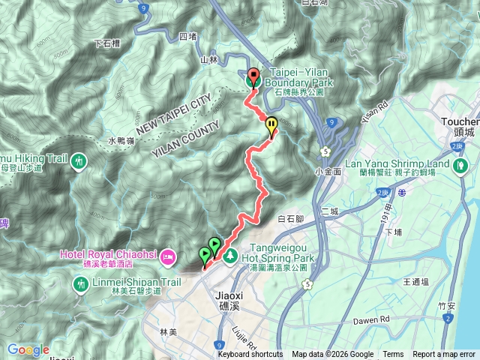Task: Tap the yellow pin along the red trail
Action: coord(271,125)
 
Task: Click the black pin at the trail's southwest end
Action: coord(203,256)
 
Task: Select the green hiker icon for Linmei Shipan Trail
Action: coord(81,284)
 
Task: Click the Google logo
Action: coord(28,349)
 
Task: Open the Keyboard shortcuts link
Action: coord(250,355)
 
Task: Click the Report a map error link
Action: coord(445,355)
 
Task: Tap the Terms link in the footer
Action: coord(393,355)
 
